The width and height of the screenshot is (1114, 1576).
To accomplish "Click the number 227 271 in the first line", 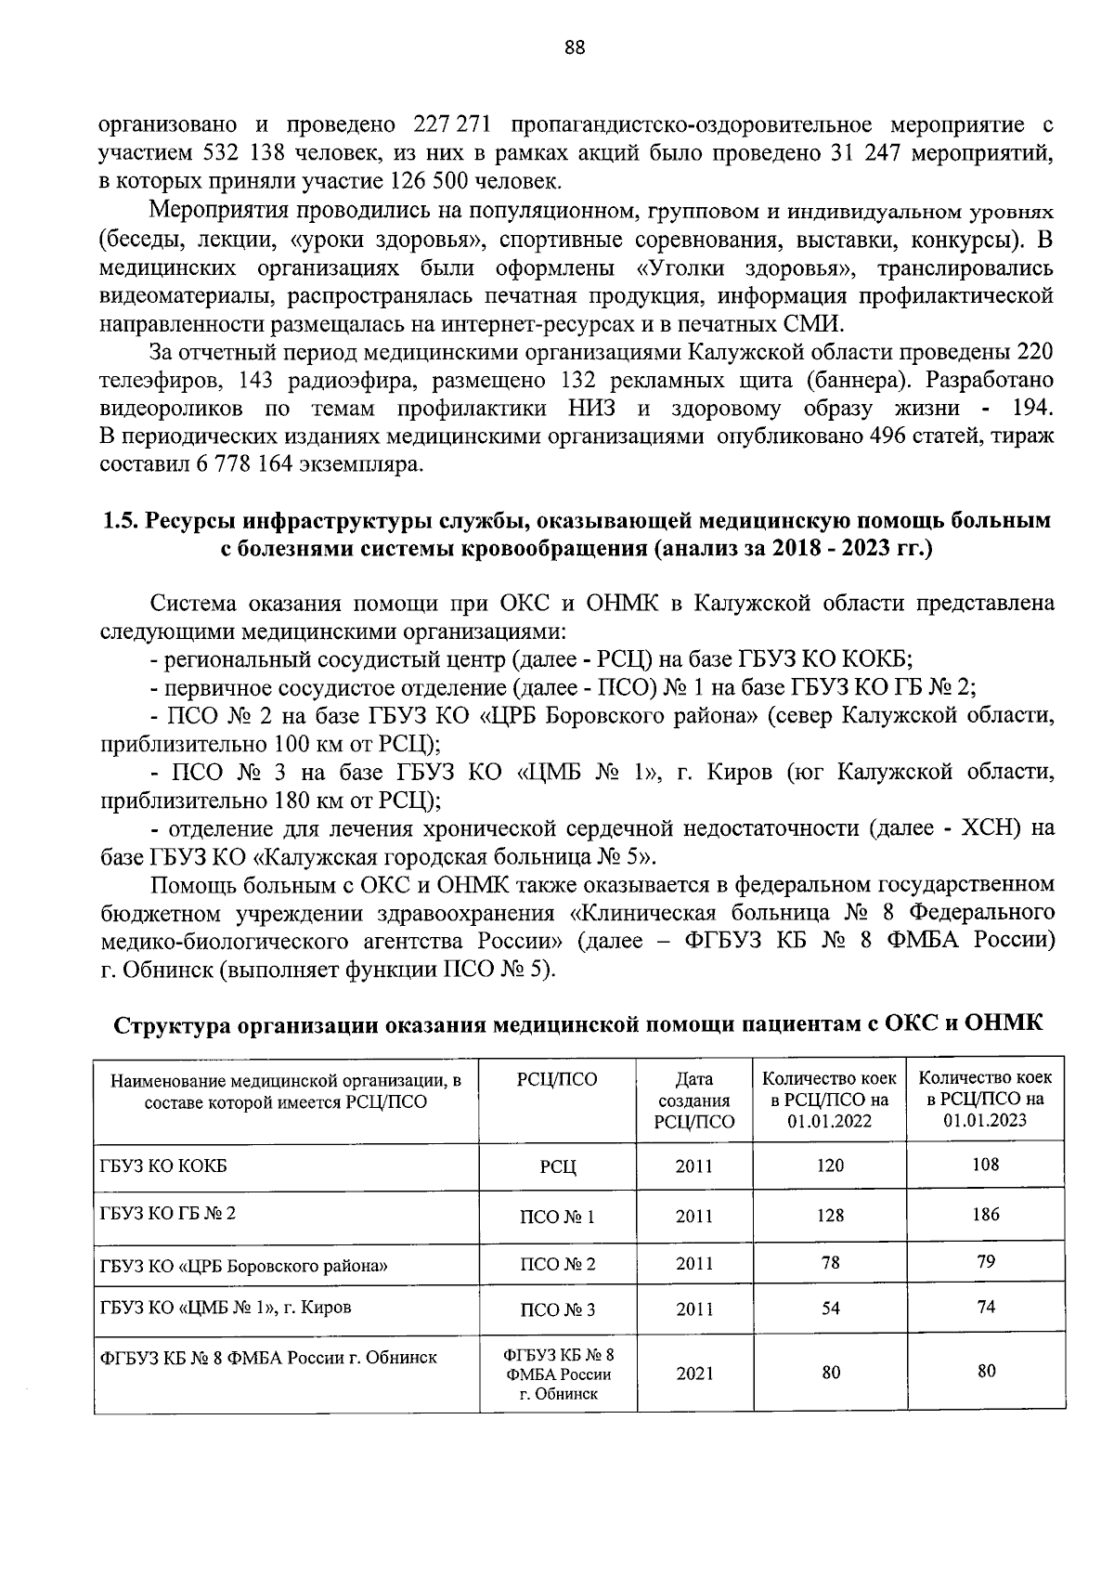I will pos(445,125).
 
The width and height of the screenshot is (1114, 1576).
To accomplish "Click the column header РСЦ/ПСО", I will pos(557,1079).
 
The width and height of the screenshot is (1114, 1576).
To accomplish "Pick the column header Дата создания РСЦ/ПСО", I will pos(693,1101).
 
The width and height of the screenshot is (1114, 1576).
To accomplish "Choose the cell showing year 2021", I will pos(694,1374).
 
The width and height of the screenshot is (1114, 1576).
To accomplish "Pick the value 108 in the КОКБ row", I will pos(986,1165).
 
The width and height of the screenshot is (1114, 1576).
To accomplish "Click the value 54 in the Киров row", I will pos(830,1309).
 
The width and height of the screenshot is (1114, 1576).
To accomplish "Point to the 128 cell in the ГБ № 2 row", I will pos(830,1216).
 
